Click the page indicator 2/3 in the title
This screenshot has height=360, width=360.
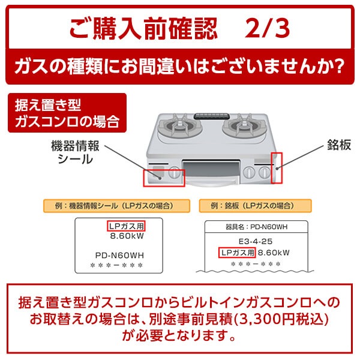coord(268,27)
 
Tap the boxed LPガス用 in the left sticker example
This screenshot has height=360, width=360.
coord(127,227)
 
